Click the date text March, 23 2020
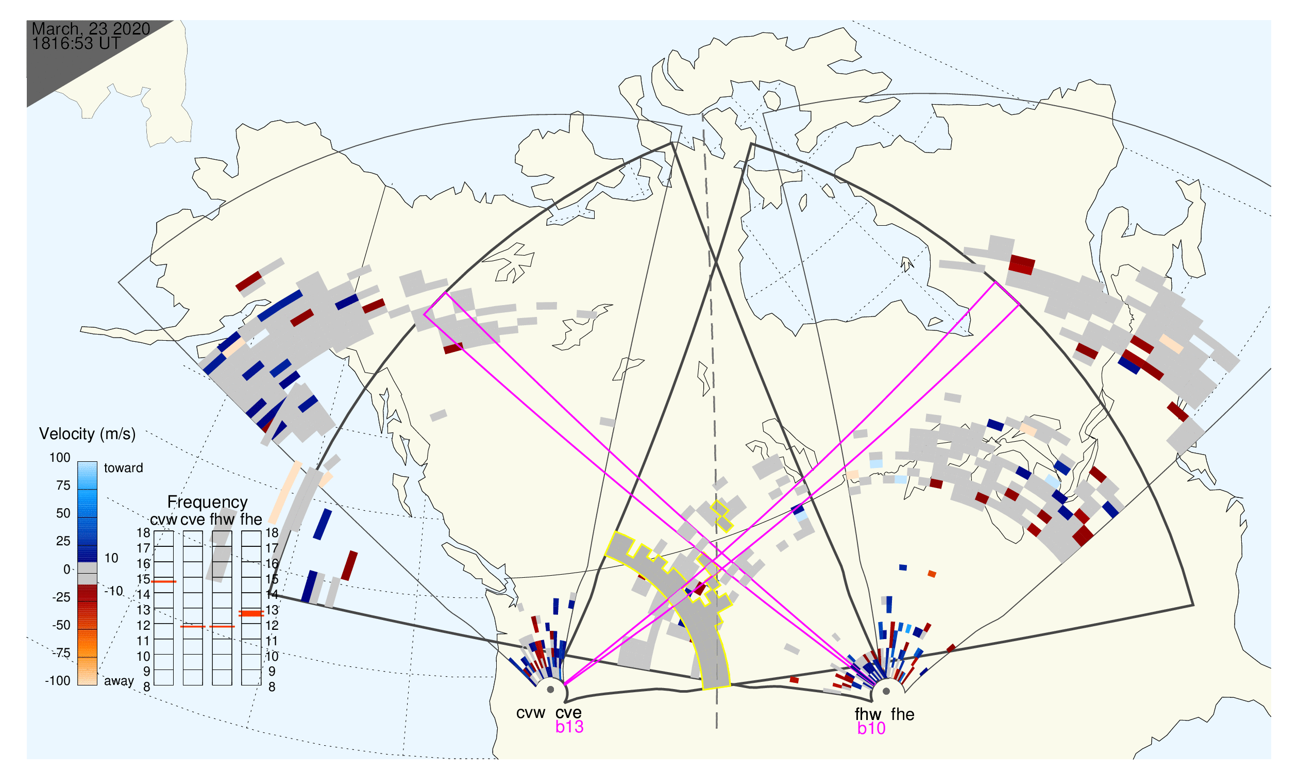91,29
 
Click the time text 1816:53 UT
76,44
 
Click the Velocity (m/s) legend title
87,434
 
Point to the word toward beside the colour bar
124,468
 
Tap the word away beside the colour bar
119,681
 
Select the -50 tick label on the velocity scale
61,625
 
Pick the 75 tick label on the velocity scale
63,486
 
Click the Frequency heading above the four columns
208,503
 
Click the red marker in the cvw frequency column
164,582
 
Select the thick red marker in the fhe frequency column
251,614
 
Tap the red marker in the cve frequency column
193,627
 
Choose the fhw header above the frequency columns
222,520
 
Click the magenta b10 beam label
871,729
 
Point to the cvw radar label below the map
531,713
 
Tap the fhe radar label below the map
903,715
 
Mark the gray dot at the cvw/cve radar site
550,690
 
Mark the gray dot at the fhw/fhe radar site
887,692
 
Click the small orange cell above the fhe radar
932,574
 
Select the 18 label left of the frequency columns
143,533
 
